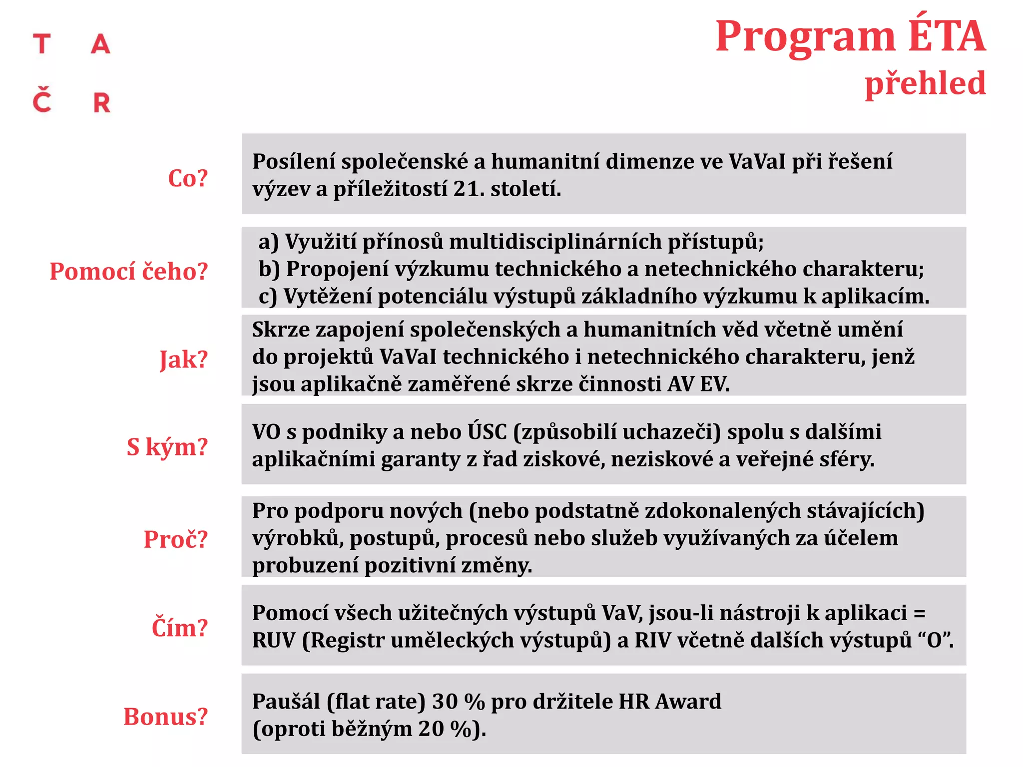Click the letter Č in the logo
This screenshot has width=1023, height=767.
[x=42, y=100]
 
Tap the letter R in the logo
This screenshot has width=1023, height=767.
[x=102, y=103]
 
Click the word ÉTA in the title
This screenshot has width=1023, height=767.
[x=947, y=36]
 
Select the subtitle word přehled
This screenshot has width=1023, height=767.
[x=925, y=83]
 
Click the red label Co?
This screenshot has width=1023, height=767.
[x=188, y=178]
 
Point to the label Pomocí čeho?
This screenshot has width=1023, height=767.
[x=128, y=272]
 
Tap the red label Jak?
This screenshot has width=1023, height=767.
[x=183, y=360]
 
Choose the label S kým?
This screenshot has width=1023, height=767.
[x=167, y=447]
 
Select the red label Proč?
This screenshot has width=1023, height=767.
[x=175, y=539]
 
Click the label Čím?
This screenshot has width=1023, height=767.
[x=179, y=628]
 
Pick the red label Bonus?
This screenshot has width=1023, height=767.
[x=165, y=717]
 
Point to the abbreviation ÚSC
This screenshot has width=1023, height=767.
[x=487, y=432]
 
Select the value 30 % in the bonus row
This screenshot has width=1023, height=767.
[x=458, y=702]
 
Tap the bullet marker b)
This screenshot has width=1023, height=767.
[x=269, y=270]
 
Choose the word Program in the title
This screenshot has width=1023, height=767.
[x=805, y=37]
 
